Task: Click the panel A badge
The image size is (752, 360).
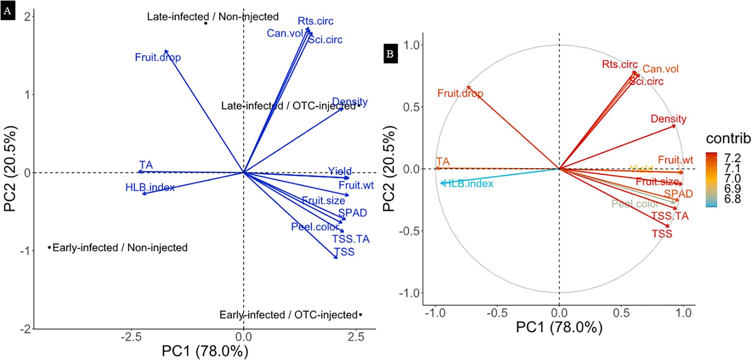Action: (x=7, y=11)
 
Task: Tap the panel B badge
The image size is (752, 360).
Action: (x=390, y=54)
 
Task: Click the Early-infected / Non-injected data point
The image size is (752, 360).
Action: (x=49, y=247)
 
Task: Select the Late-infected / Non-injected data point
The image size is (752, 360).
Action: (x=206, y=23)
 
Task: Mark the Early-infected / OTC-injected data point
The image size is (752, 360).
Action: (x=360, y=315)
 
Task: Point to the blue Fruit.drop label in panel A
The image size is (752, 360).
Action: (x=157, y=57)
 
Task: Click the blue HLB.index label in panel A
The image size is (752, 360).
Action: (x=150, y=187)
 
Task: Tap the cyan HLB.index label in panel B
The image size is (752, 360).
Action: (x=468, y=184)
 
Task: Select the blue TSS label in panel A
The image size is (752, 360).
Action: (x=344, y=252)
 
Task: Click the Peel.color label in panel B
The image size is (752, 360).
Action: (x=634, y=204)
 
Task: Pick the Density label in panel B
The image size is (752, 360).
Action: (x=668, y=119)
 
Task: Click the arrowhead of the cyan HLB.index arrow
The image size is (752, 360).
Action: (x=441, y=183)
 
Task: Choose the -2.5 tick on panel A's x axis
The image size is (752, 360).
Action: (x=131, y=337)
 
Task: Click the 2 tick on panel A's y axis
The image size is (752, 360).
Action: (x=28, y=17)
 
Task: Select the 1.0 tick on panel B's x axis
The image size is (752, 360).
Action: (x=683, y=313)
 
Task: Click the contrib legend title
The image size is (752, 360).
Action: (x=728, y=138)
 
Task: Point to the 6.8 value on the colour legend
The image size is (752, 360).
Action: (x=732, y=199)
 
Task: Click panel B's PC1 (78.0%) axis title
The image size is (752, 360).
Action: (x=559, y=327)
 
